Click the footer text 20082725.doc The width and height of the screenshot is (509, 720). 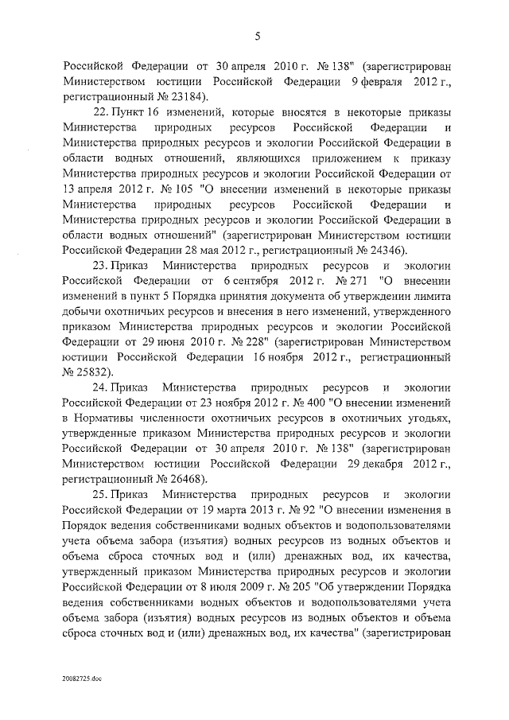pos(81,679)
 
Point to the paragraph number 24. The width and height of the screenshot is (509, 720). pos(100,387)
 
